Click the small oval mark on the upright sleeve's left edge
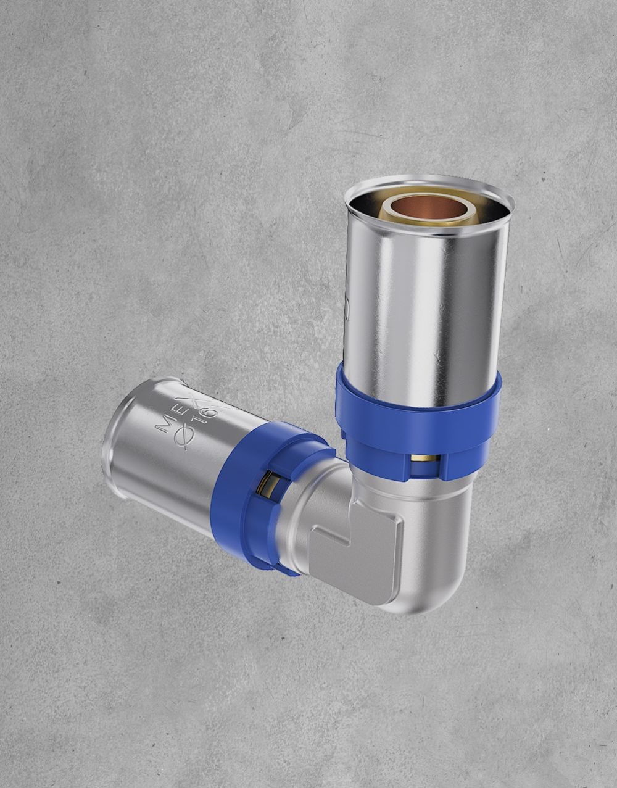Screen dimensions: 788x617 click(347, 309)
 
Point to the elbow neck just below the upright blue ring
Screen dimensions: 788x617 click(426, 494)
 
